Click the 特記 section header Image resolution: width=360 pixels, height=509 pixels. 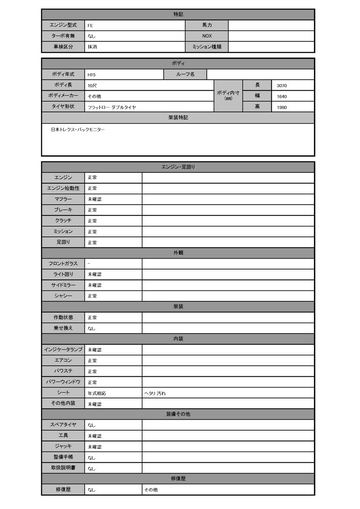(x=178, y=15)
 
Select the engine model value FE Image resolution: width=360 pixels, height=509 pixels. (x=90, y=26)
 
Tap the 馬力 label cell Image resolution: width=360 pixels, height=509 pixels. (x=207, y=25)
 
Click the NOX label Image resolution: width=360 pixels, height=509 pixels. (x=207, y=36)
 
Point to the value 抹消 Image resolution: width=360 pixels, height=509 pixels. (x=92, y=47)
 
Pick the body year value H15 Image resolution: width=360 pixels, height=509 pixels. (x=91, y=75)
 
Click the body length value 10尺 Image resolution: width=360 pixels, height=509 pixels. (x=92, y=86)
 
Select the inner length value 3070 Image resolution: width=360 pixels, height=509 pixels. (x=282, y=86)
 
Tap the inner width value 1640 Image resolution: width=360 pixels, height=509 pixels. (x=282, y=96)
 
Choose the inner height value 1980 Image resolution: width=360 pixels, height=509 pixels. (x=282, y=107)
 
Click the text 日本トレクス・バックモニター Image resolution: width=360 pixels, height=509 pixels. (x=78, y=130)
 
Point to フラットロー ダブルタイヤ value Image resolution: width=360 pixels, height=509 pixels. (x=111, y=107)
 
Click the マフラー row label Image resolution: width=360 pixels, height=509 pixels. (x=63, y=199)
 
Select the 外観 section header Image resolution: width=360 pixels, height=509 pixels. (x=178, y=253)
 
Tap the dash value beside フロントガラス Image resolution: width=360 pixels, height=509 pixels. (x=89, y=264)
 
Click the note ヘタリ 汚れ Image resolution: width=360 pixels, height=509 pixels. (x=155, y=394)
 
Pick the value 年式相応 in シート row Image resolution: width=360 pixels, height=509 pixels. (x=97, y=394)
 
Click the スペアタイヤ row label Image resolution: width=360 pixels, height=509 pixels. (x=63, y=425)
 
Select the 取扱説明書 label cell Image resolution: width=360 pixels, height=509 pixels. (x=63, y=468)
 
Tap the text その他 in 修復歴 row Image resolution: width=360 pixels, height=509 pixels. (x=151, y=490)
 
